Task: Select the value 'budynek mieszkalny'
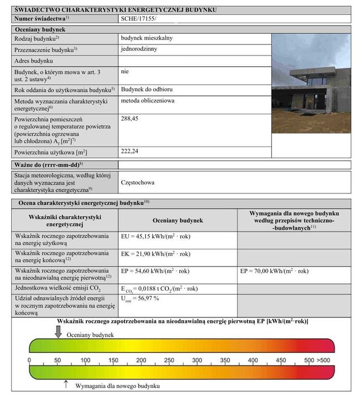(147, 38)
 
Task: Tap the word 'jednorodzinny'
(139, 49)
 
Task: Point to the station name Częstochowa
(138, 183)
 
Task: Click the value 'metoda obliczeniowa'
(147, 101)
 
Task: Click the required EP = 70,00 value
(275, 272)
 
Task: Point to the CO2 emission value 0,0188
(159, 289)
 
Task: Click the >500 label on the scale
(323, 360)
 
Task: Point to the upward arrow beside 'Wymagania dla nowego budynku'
(66, 385)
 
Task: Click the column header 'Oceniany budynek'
(177, 221)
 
